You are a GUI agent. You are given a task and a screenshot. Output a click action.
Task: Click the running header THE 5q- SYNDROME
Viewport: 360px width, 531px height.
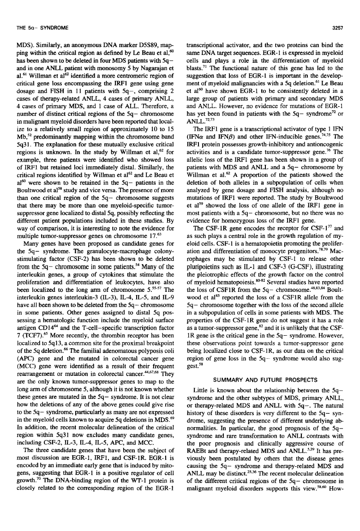click(38, 15)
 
